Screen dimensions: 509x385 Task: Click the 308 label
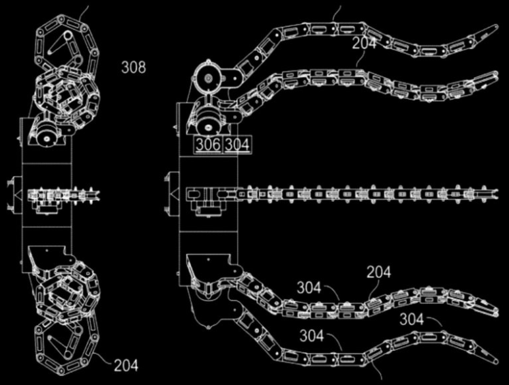coord(134,67)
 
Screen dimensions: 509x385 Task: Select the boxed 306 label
coord(208,145)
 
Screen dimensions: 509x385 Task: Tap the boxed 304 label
coord(237,145)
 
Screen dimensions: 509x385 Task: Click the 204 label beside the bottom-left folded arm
coord(126,365)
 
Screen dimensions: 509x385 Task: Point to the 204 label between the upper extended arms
coord(365,43)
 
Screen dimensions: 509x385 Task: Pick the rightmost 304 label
coord(412,319)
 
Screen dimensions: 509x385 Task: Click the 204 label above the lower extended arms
coord(379,272)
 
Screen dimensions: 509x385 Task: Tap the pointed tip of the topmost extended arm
coord(497,26)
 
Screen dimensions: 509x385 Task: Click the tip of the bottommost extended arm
coord(496,362)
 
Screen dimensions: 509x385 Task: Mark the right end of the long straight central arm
coord(497,192)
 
